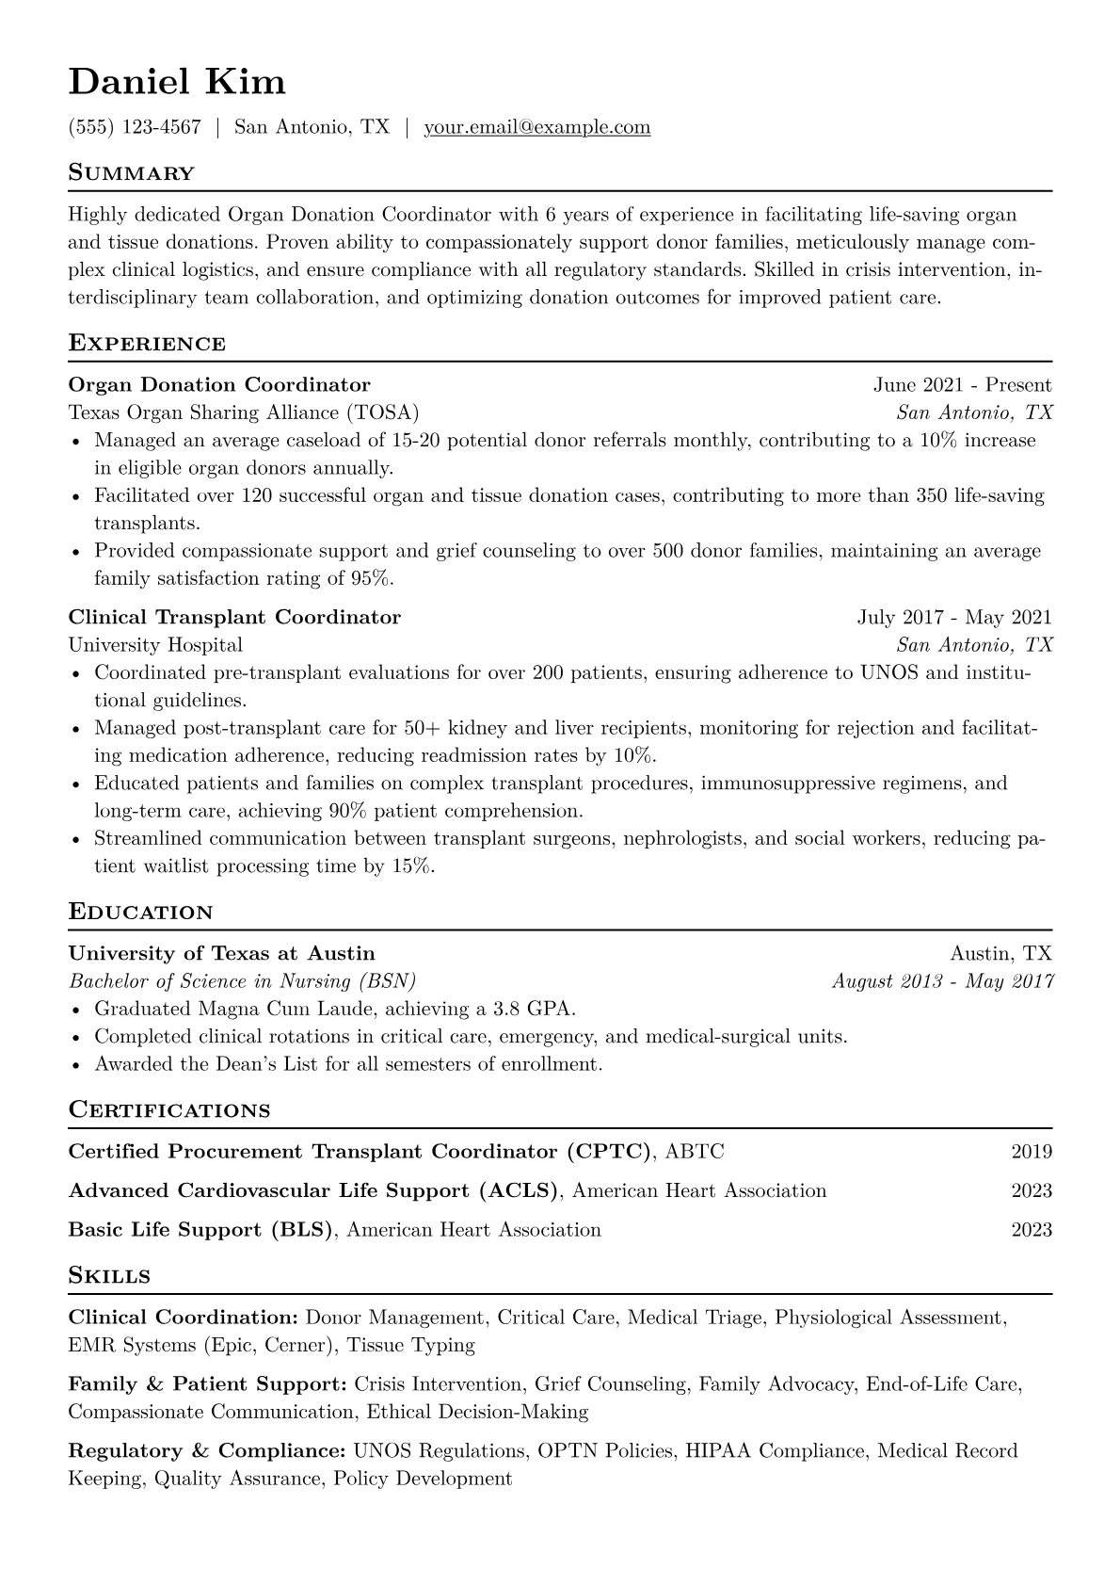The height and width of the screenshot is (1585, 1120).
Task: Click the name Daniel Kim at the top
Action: coord(177,82)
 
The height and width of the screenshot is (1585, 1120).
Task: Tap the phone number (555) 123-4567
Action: coord(135,127)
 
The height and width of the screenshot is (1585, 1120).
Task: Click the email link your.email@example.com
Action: coord(536,127)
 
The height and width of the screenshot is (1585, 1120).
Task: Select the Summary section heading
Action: coord(132,173)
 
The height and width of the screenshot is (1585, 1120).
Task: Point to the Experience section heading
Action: coord(147,344)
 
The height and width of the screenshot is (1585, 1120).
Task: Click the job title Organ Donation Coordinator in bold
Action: coord(219,384)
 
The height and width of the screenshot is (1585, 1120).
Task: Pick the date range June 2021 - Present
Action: coord(962,384)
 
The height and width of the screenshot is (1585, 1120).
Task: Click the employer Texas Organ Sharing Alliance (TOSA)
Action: coord(244,412)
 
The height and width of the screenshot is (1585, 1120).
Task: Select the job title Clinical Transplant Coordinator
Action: coord(234,617)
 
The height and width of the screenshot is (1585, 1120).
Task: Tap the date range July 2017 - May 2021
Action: coord(953,617)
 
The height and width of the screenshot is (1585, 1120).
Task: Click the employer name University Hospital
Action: coord(155,645)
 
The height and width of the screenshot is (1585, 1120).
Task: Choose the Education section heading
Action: coord(141,912)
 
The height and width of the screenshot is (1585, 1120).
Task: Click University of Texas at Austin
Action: coord(222,953)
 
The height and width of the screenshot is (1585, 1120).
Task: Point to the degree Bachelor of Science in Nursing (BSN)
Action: coord(243,981)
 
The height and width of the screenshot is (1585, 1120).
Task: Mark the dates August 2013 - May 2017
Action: coord(942,981)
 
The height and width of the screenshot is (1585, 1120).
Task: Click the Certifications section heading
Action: coord(169,1110)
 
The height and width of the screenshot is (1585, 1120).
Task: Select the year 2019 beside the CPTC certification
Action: coord(1032,1151)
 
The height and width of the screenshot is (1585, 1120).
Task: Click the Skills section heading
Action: coord(109,1276)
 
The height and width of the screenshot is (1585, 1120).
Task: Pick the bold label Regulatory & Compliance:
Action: coord(206,1451)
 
